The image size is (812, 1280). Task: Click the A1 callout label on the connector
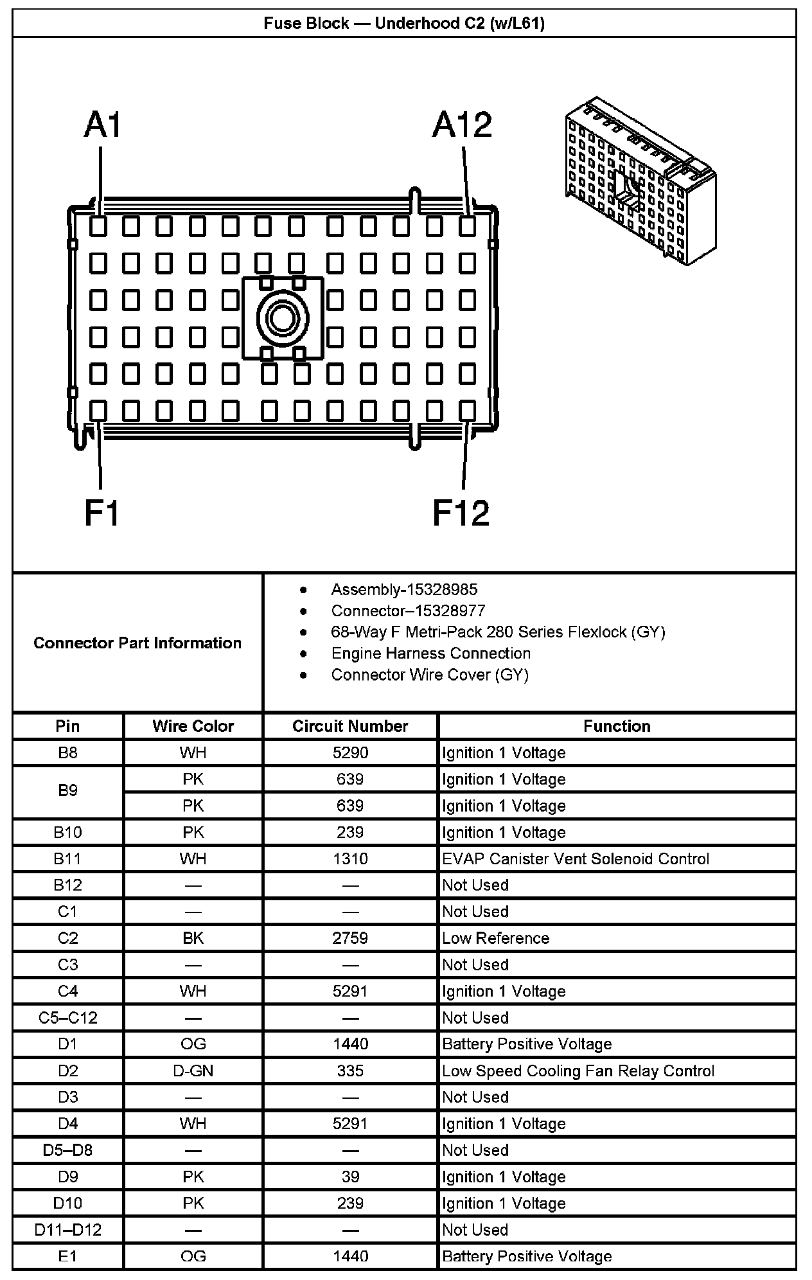point(102,125)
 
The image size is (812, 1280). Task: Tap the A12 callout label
point(462,125)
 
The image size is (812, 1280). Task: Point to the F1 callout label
point(102,513)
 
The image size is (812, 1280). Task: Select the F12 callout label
point(461,513)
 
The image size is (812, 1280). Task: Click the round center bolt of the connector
point(283,317)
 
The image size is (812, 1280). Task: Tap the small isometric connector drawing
point(640,181)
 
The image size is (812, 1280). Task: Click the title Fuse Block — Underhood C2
point(404,24)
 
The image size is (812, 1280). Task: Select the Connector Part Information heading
point(137,643)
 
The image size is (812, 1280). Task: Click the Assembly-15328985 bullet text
point(404,590)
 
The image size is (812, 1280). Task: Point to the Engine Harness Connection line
point(430,653)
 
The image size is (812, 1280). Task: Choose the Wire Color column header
point(193,726)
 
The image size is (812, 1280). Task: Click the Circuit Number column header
point(350,726)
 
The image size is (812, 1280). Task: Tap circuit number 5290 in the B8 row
point(350,752)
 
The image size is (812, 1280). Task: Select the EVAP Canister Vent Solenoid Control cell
point(576,859)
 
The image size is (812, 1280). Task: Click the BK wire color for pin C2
point(193,938)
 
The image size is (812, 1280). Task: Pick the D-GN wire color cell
point(193,1071)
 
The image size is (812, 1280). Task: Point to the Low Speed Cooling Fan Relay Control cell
point(578,1071)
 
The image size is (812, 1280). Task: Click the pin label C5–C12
point(67,1018)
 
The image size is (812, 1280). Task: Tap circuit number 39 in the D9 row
point(350,1177)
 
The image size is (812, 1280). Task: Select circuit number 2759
point(350,938)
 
